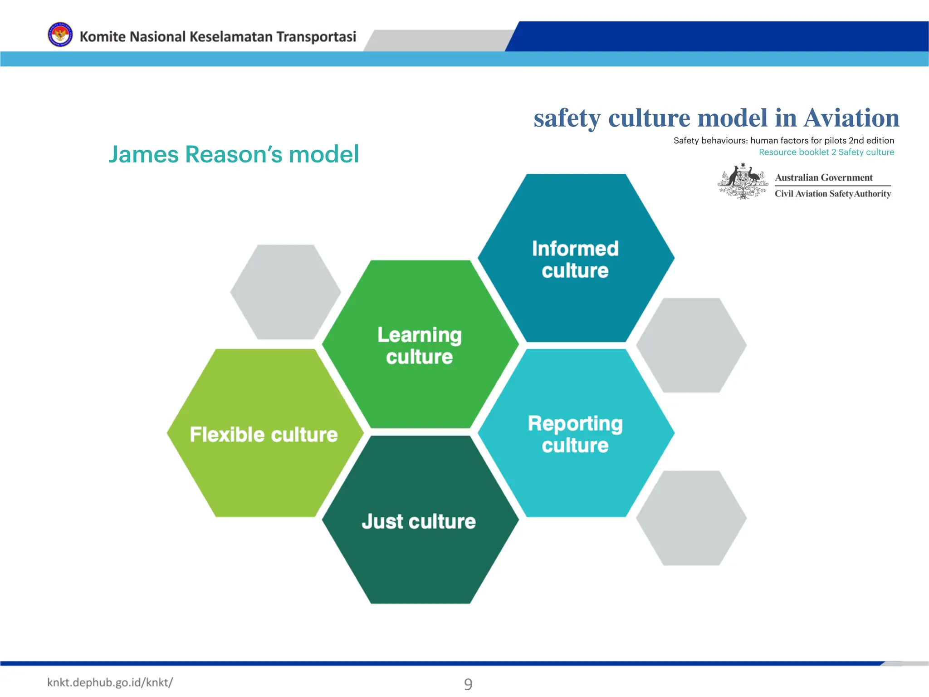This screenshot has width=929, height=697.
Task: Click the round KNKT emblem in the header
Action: click(60, 35)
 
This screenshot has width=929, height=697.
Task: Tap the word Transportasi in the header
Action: click(316, 36)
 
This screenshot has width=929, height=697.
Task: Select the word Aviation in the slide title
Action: click(851, 118)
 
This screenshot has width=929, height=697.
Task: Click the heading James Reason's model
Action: click(234, 154)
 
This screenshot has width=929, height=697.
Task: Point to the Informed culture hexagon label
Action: click(575, 259)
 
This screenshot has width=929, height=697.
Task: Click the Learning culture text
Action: click(420, 345)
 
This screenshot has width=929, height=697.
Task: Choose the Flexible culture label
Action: click(264, 434)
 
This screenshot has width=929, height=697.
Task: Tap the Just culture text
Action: click(419, 521)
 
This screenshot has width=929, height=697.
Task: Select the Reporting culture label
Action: click(575, 434)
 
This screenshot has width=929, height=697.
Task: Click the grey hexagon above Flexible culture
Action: click(285, 292)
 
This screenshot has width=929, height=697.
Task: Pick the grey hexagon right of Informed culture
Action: click(691, 345)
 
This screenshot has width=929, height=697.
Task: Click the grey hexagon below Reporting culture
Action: click(691, 518)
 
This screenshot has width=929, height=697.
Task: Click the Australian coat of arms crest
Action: click(743, 182)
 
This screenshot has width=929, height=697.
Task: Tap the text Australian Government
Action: click(823, 177)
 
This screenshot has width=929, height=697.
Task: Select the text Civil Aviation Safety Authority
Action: click(832, 194)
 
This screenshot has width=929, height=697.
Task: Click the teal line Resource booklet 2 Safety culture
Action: click(826, 152)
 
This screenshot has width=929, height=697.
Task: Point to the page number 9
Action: click(468, 684)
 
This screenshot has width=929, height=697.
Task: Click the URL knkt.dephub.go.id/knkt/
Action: click(110, 682)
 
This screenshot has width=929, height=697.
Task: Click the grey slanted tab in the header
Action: click(438, 40)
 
